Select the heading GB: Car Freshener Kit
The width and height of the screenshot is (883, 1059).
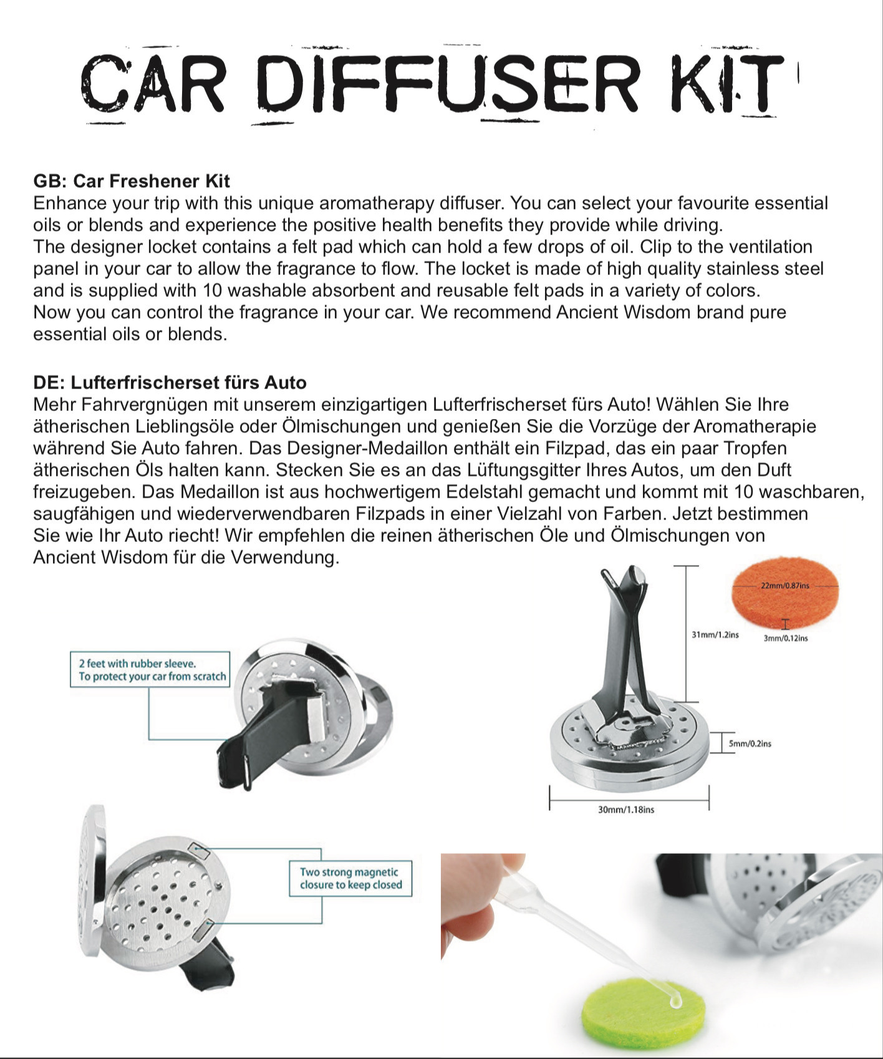pos(132,181)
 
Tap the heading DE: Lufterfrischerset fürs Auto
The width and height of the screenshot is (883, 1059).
pos(170,382)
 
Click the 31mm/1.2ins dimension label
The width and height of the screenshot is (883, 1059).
pos(715,634)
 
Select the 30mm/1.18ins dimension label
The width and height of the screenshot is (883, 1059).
pos(626,810)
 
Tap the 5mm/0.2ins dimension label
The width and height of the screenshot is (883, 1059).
pos(750,743)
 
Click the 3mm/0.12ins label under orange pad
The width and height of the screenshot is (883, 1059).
pos(786,638)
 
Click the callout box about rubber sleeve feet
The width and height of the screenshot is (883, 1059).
pos(150,670)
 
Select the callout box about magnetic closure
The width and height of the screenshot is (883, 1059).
pos(350,878)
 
